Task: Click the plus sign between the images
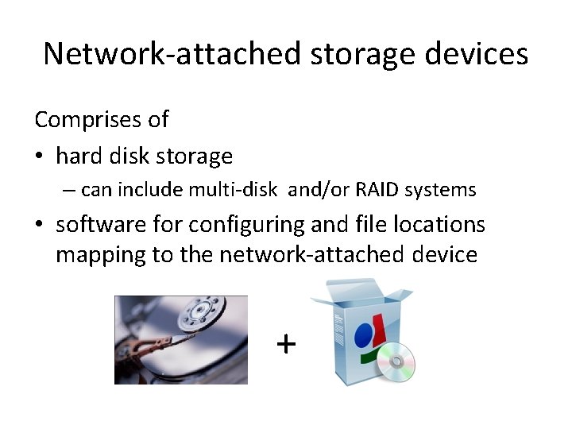(x=285, y=343)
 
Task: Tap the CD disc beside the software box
(x=395, y=364)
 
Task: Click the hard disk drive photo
(x=181, y=340)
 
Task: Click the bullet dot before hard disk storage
(x=40, y=157)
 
